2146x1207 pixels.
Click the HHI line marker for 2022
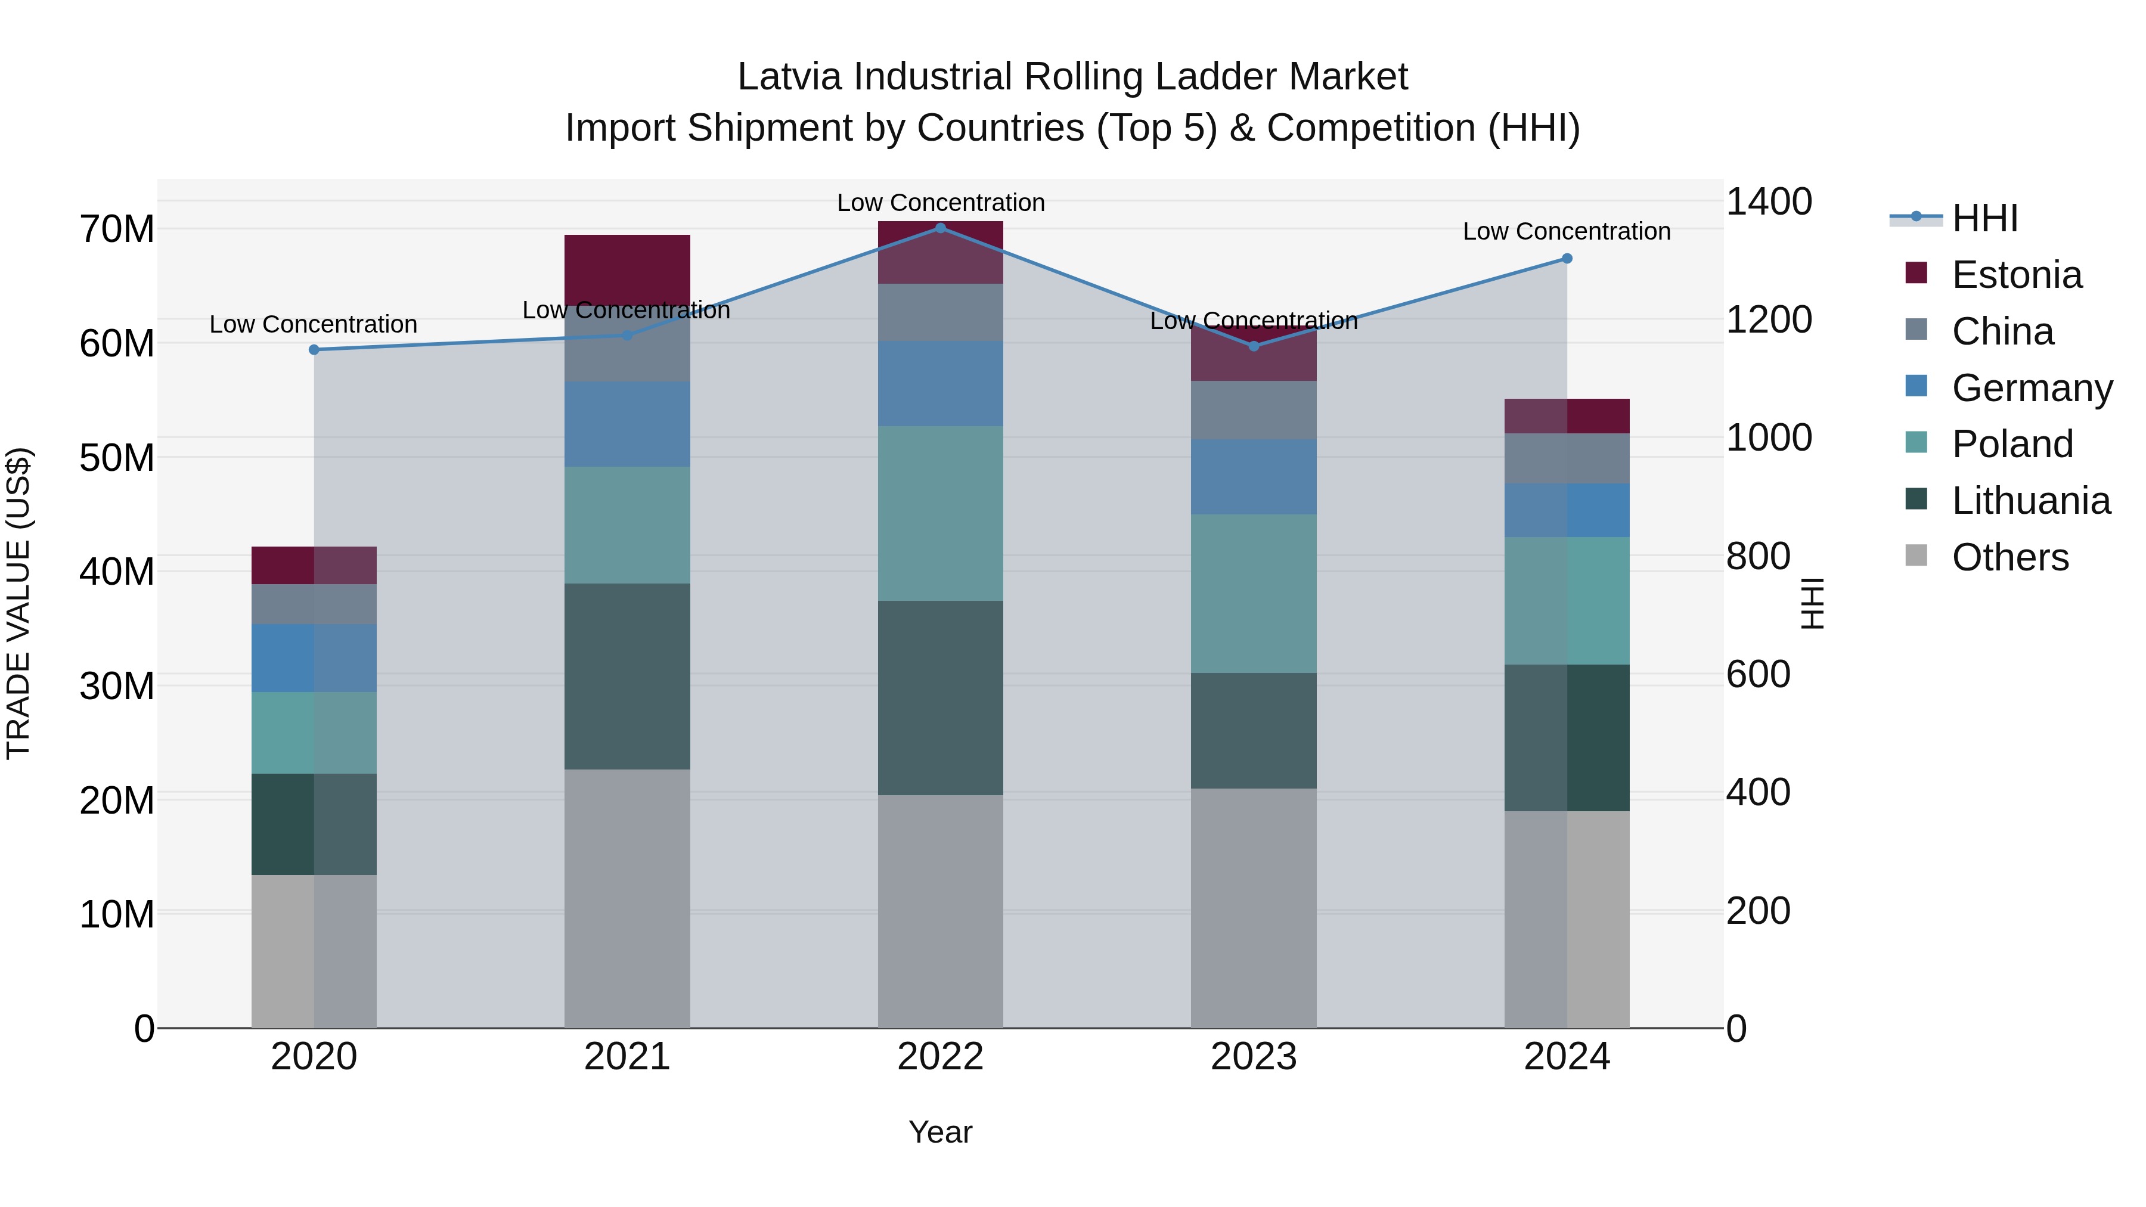[x=941, y=228]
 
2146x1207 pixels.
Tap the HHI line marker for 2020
[x=314, y=350]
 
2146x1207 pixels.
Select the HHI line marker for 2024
[x=1567, y=259]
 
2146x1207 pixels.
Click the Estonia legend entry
[x=2016, y=275]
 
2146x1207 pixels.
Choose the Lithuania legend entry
[x=2030, y=501]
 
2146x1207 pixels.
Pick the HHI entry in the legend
[x=1984, y=218]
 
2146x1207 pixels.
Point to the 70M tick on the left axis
[x=117, y=229]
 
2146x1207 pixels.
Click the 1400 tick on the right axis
[x=1769, y=201]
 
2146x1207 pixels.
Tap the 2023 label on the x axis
[x=1253, y=1057]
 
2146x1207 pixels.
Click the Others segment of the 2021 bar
[x=627, y=898]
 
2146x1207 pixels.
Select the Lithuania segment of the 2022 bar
[x=941, y=697]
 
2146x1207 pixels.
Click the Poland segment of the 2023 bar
[x=1253, y=593]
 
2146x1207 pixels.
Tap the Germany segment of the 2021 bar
[x=627, y=424]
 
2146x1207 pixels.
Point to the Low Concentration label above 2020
[x=313, y=325]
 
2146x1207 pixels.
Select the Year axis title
[x=941, y=1132]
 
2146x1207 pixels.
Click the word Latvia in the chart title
[x=790, y=77]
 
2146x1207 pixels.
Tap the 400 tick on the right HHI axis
[x=1758, y=792]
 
